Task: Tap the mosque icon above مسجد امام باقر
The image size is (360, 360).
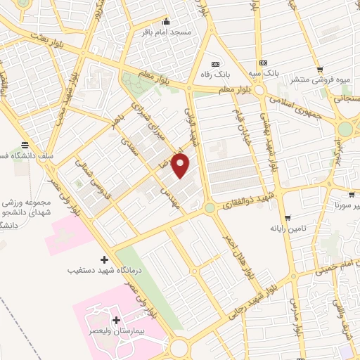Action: [166, 20]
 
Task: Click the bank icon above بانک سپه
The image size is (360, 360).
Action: [262, 63]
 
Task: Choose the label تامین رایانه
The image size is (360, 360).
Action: [287, 229]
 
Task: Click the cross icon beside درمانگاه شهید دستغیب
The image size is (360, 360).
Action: [105, 259]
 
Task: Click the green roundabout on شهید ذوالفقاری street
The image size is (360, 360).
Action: [210, 208]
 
